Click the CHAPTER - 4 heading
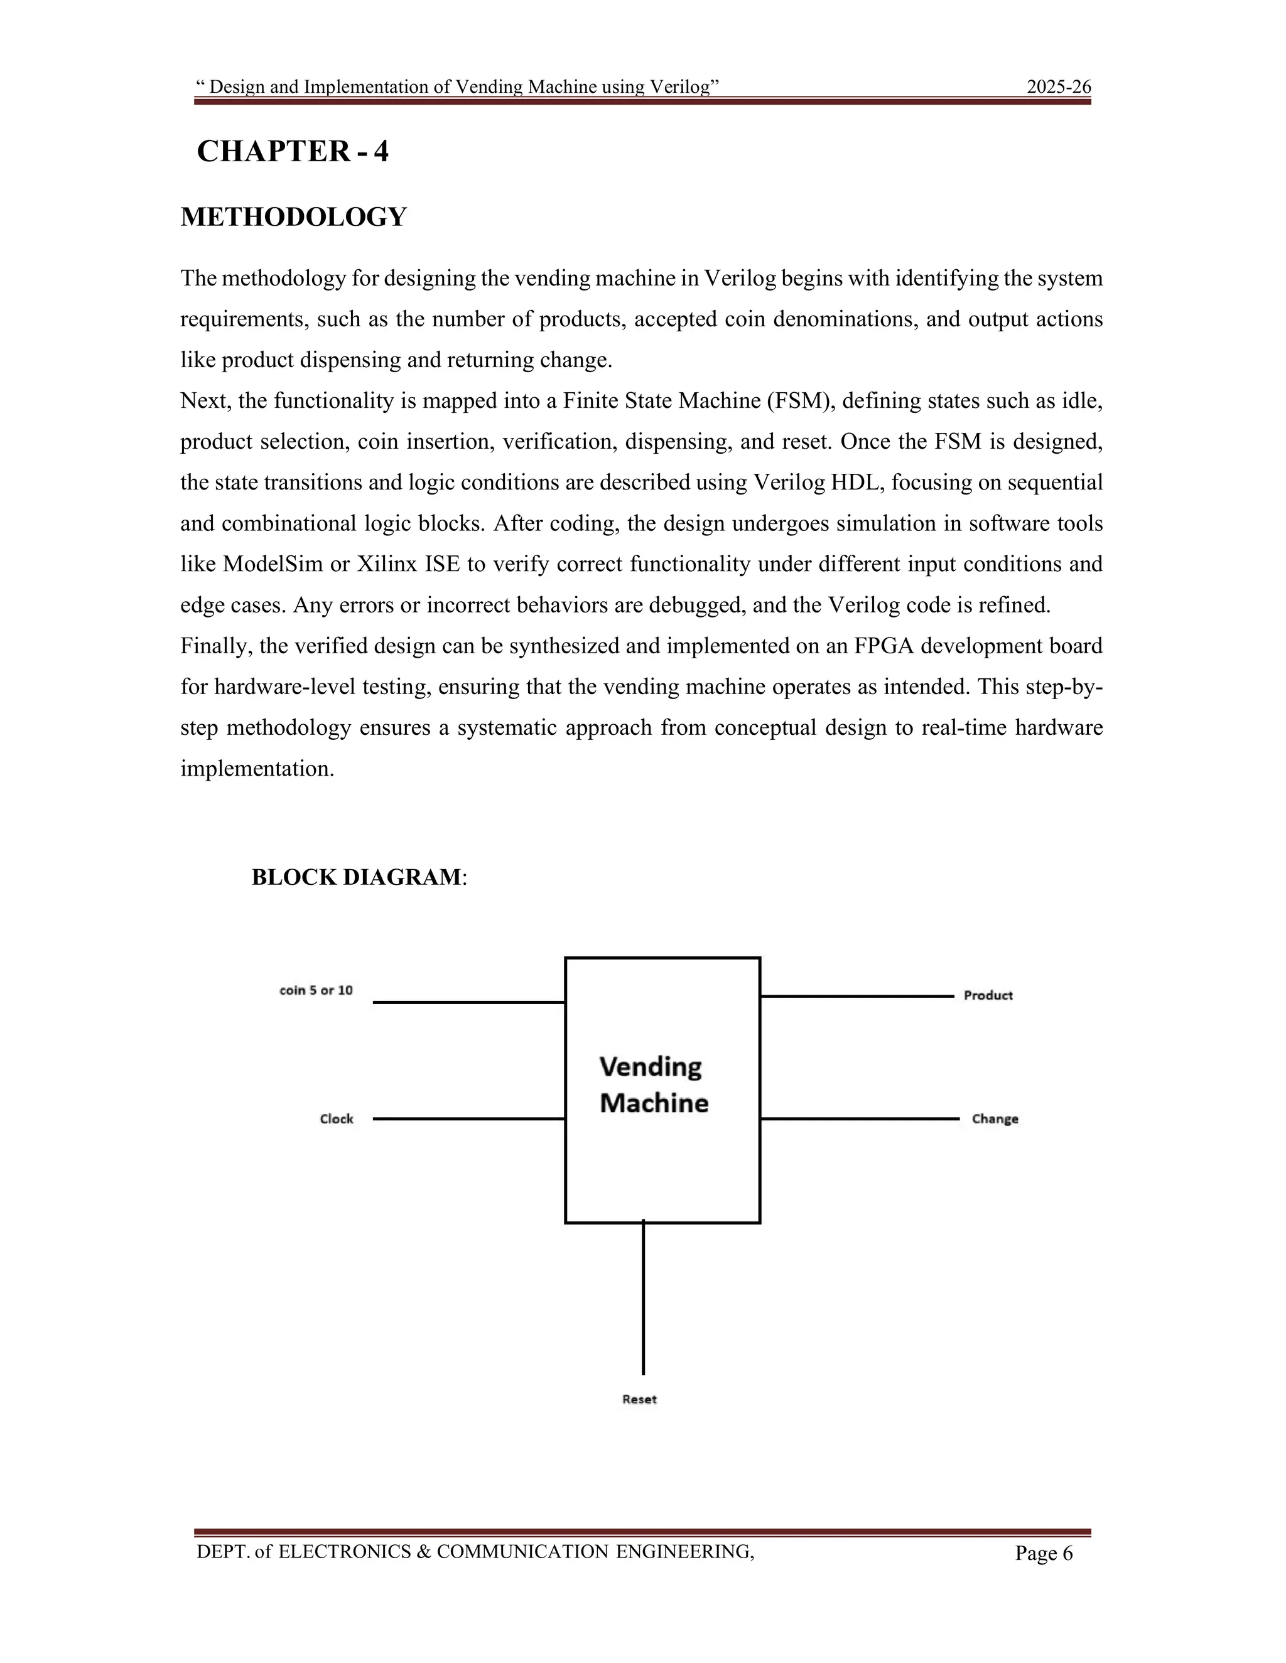pyautogui.click(x=293, y=151)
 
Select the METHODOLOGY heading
pyautogui.click(x=293, y=217)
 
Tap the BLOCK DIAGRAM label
pyautogui.click(x=357, y=877)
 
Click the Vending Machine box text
pyautogui.click(x=654, y=1085)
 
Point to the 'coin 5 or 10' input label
pyautogui.click(x=316, y=991)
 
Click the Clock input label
pyautogui.click(x=337, y=1118)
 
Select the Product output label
pyautogui.click(x=988, y=995)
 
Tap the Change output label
pyautogui.click(x=995, y=1118)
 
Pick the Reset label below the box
pyautogui.click(x=639, y=1399)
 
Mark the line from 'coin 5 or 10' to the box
pyautogui.click(x=468, y=1003)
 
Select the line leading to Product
pyautogui.click(x=857, y=996)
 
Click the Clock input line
pyautogui.click(x=468, y=1118)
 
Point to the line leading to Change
pyautogui.click(x=860, y=1118)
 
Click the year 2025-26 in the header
pyautogui.click(x=1059, y=87)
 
